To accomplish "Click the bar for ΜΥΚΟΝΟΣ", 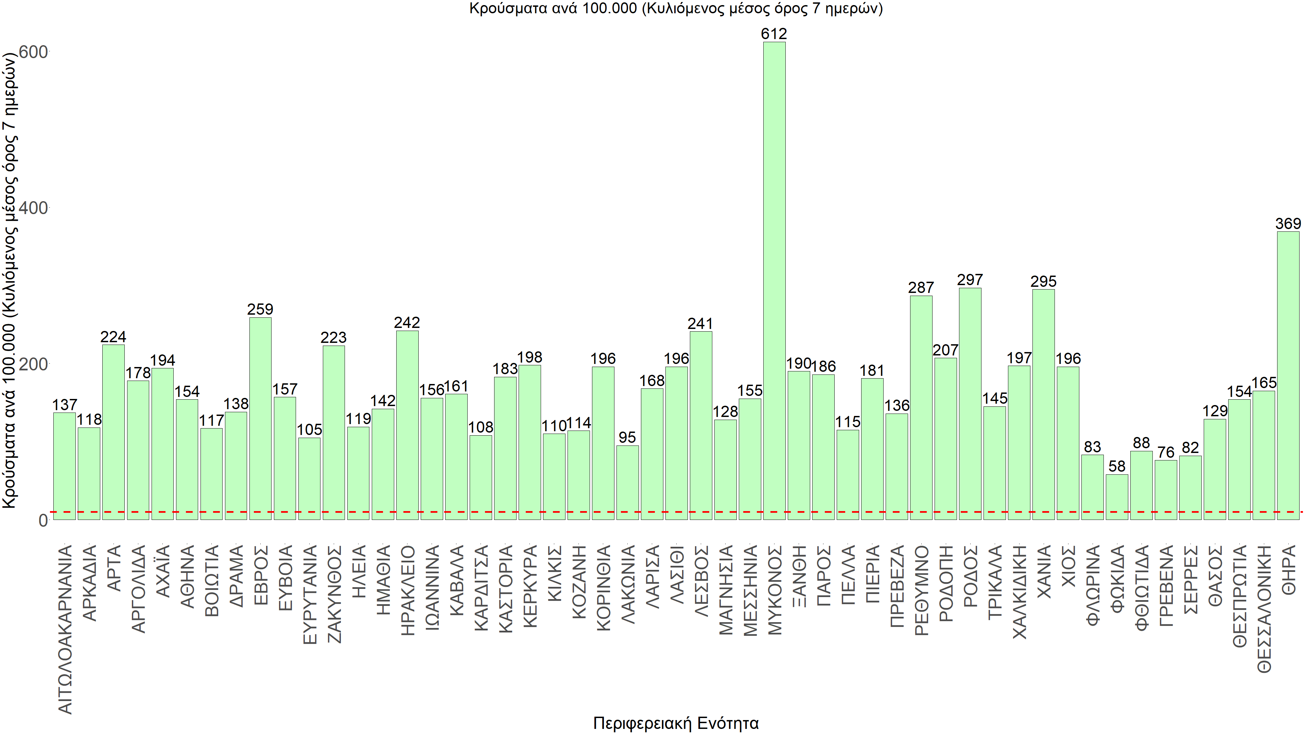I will (774, 281).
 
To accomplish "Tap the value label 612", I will (774, 34).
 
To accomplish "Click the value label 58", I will (1117, 466).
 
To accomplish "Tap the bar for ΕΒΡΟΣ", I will (260, 418).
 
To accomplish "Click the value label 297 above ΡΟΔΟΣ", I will (970, 280).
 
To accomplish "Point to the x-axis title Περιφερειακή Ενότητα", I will (676, 723).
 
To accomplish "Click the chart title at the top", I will (676, 8).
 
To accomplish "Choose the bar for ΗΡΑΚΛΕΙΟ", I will (407, 425).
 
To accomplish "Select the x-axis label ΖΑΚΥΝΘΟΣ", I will (334, 594).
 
